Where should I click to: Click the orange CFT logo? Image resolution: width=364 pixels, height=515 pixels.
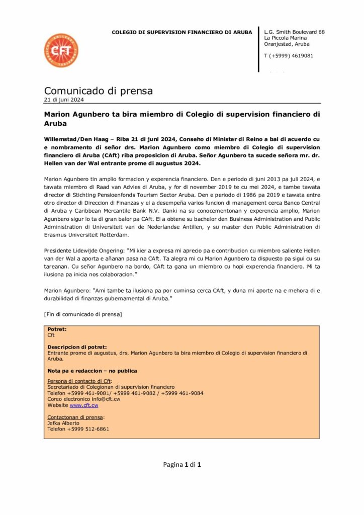coord(61,51)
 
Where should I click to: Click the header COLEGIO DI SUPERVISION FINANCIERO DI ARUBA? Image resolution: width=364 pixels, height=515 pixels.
coord(181,32)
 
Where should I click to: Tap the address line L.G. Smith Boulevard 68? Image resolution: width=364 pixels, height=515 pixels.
coord(294,32)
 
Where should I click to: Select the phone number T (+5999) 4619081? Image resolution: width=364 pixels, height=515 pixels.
coord(289,56)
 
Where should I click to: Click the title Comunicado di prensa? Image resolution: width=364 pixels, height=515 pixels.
coord(98,91)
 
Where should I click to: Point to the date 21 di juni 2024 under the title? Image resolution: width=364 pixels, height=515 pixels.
coord(64,100)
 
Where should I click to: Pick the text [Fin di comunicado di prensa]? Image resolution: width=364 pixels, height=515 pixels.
coord(83,314)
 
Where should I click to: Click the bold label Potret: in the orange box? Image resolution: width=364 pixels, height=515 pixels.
coord(57,329)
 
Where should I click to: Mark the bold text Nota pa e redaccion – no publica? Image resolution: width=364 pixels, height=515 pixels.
coord(92,371)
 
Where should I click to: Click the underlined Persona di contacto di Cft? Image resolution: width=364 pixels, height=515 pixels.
coord(79,381)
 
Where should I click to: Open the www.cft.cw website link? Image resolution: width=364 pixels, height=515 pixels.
coord(84,405)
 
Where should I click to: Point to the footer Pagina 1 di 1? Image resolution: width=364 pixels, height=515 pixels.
coord(182,465)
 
